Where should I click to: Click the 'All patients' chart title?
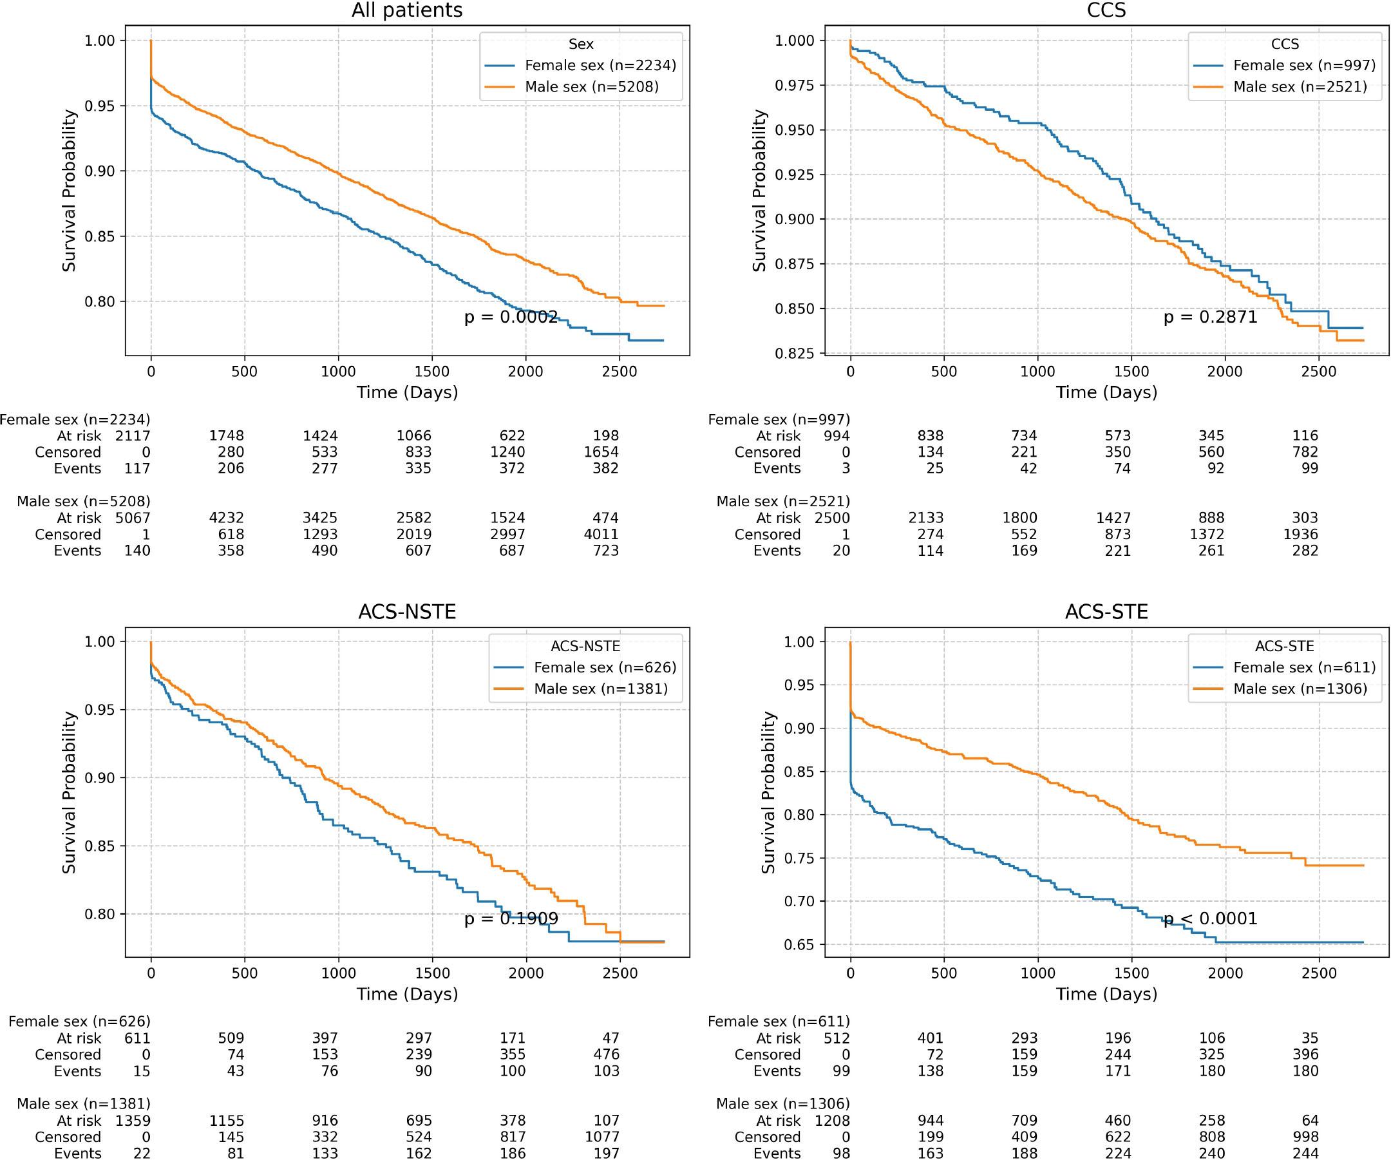[407, 10]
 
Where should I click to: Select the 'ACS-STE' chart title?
[1106, 611]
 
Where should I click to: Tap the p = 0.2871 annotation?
[1210, 318]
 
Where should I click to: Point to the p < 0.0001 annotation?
[1210, 919]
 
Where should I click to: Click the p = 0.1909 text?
[511, 919]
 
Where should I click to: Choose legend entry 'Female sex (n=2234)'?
[600, 66]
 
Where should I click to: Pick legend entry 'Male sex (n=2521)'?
[1300, 87]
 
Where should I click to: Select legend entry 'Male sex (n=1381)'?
[601, 689]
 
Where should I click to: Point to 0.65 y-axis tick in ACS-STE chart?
[799, 945]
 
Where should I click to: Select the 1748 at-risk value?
[227, 436]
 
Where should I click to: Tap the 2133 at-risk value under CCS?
[926, 518]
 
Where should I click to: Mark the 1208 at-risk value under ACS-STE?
[832, 1121]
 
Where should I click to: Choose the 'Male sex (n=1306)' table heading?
[783, 1104]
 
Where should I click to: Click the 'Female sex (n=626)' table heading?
[79, 1022]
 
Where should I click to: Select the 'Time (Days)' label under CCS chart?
[1106, 393]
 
